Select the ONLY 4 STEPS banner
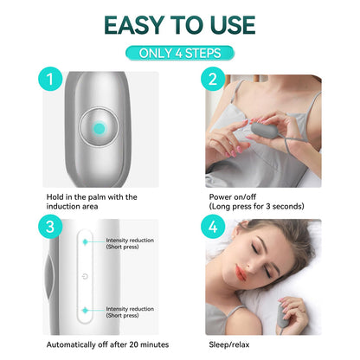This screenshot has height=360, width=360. pos(180,53)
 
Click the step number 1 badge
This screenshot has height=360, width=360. pos(50,82)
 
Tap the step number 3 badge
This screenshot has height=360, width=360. pos(50,228)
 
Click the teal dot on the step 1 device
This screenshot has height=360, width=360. pos(99,129)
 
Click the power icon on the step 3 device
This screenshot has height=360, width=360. pos(85,277)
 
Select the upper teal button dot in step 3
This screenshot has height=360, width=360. pos(85,243)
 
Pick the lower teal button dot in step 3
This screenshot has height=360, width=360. pos(85,309)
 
